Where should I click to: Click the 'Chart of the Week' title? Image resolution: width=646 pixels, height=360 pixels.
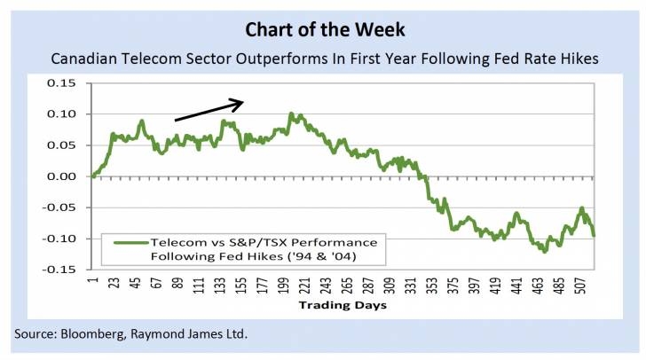[323, 29]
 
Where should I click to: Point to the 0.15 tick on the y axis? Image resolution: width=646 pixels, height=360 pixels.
[65, 83]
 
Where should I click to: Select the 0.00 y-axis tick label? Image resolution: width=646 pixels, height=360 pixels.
[65, 176]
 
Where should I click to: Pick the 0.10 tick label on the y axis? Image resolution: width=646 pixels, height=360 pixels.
[65, 114]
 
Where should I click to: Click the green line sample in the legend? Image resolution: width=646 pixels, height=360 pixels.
[125, 241]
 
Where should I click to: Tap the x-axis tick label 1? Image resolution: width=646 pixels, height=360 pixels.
[92, 281]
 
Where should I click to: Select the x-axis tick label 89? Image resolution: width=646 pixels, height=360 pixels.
[177, 285]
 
